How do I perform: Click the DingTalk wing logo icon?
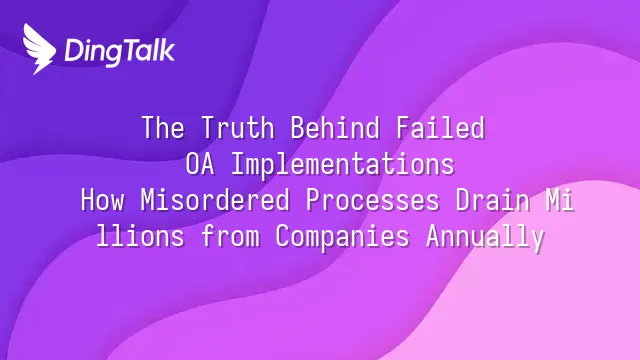(39, 49)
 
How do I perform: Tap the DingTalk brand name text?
(120, 51)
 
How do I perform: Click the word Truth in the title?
(238, 127)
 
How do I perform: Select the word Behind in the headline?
(335, 127)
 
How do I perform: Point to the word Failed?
(440, 127)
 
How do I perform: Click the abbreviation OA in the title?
(200, 164)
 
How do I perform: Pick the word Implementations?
(343, 164)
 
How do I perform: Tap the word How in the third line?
(102, 200)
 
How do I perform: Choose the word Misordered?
(215, 200)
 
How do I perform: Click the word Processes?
(373, 200)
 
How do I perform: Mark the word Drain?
(493, 200)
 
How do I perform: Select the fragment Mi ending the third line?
(560, 200)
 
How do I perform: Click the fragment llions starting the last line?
(140, 236)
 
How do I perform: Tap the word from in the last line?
(230, 236)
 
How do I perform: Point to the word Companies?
(342, 237)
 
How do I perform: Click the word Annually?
(485, 237)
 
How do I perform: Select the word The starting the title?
(163, 127)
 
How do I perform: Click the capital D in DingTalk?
(74, 51)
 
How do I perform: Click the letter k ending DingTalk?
(168, 50)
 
